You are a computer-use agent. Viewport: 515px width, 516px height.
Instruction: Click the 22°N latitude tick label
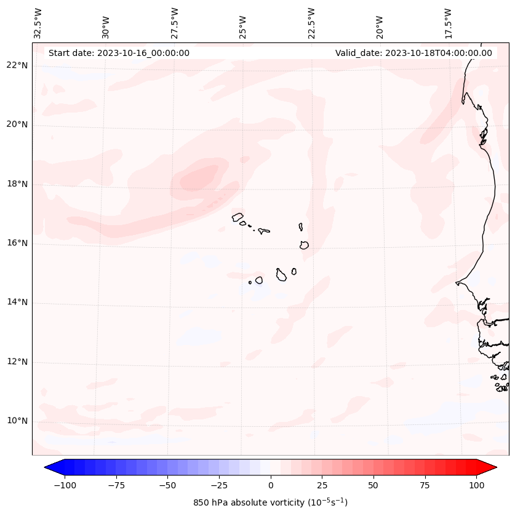17,65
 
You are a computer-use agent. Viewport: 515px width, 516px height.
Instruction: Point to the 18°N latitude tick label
17,184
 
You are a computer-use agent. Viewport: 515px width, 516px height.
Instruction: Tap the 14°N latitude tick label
17,303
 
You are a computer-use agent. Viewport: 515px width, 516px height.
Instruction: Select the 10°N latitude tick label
17,421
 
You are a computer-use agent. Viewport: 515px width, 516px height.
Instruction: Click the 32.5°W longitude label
38,23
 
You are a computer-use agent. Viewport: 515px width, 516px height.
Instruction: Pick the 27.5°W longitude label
175,23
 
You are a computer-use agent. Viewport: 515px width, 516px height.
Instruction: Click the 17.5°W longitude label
448,23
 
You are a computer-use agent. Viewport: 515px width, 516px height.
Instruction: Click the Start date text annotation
119,53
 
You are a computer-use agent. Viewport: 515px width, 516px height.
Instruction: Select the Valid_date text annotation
413,53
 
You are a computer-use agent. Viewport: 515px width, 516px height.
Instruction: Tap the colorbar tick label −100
65,486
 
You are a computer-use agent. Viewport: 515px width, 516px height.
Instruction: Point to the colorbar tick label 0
271,486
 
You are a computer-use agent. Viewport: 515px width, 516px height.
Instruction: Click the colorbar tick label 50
373,486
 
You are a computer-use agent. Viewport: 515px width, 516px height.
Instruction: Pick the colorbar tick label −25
219,486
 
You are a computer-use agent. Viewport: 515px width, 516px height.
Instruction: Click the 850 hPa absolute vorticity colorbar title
270,502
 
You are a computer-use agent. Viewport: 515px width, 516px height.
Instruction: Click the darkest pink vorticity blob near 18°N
201,178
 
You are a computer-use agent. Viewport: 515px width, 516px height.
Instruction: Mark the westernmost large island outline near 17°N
238,216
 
